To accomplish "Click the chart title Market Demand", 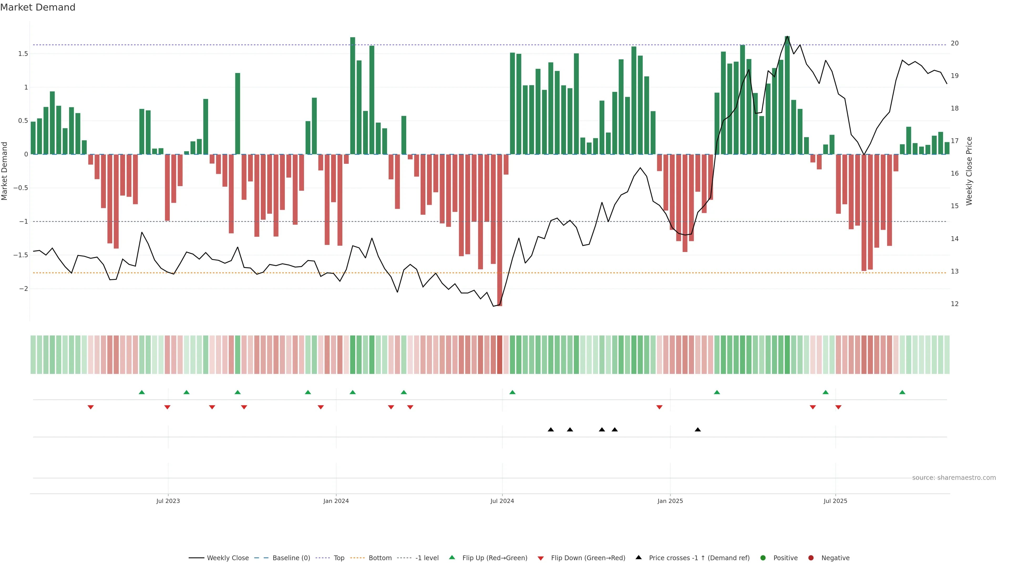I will [38, 7].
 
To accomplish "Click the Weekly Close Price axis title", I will [969, 171].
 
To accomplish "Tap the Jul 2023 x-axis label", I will [168, 501].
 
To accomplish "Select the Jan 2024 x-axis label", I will [336, 501].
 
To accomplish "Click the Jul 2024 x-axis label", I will [502, 501].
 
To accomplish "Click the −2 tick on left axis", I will [23, 289].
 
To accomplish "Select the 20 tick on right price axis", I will [955, 43].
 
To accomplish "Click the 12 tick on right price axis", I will [955, 304].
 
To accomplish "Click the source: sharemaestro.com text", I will [954, 478].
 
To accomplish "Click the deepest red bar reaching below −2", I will [500, 235].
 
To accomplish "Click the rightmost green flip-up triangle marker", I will [902, 392].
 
